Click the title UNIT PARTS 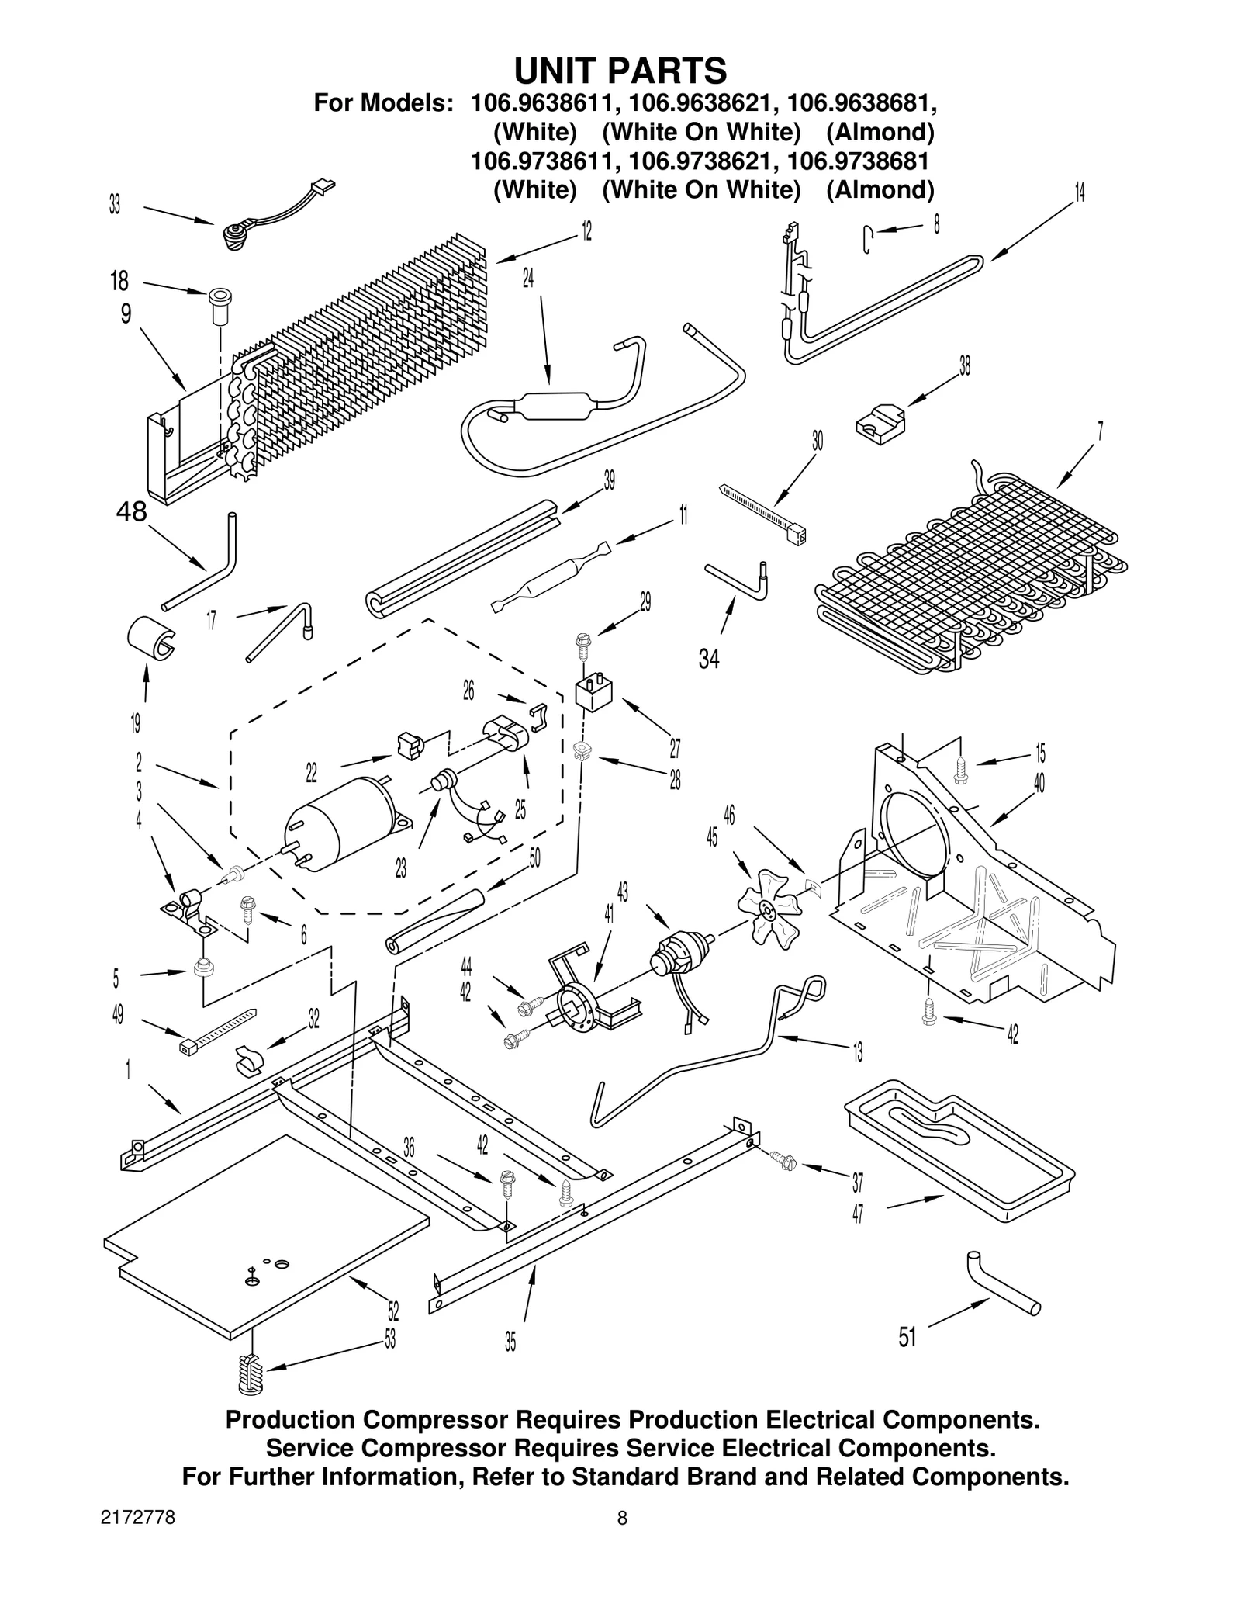(x=620, y=71)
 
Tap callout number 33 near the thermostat (x=115, y=206)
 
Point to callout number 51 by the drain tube (x=907, y=1337)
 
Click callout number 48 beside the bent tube (x=131, y=511)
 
